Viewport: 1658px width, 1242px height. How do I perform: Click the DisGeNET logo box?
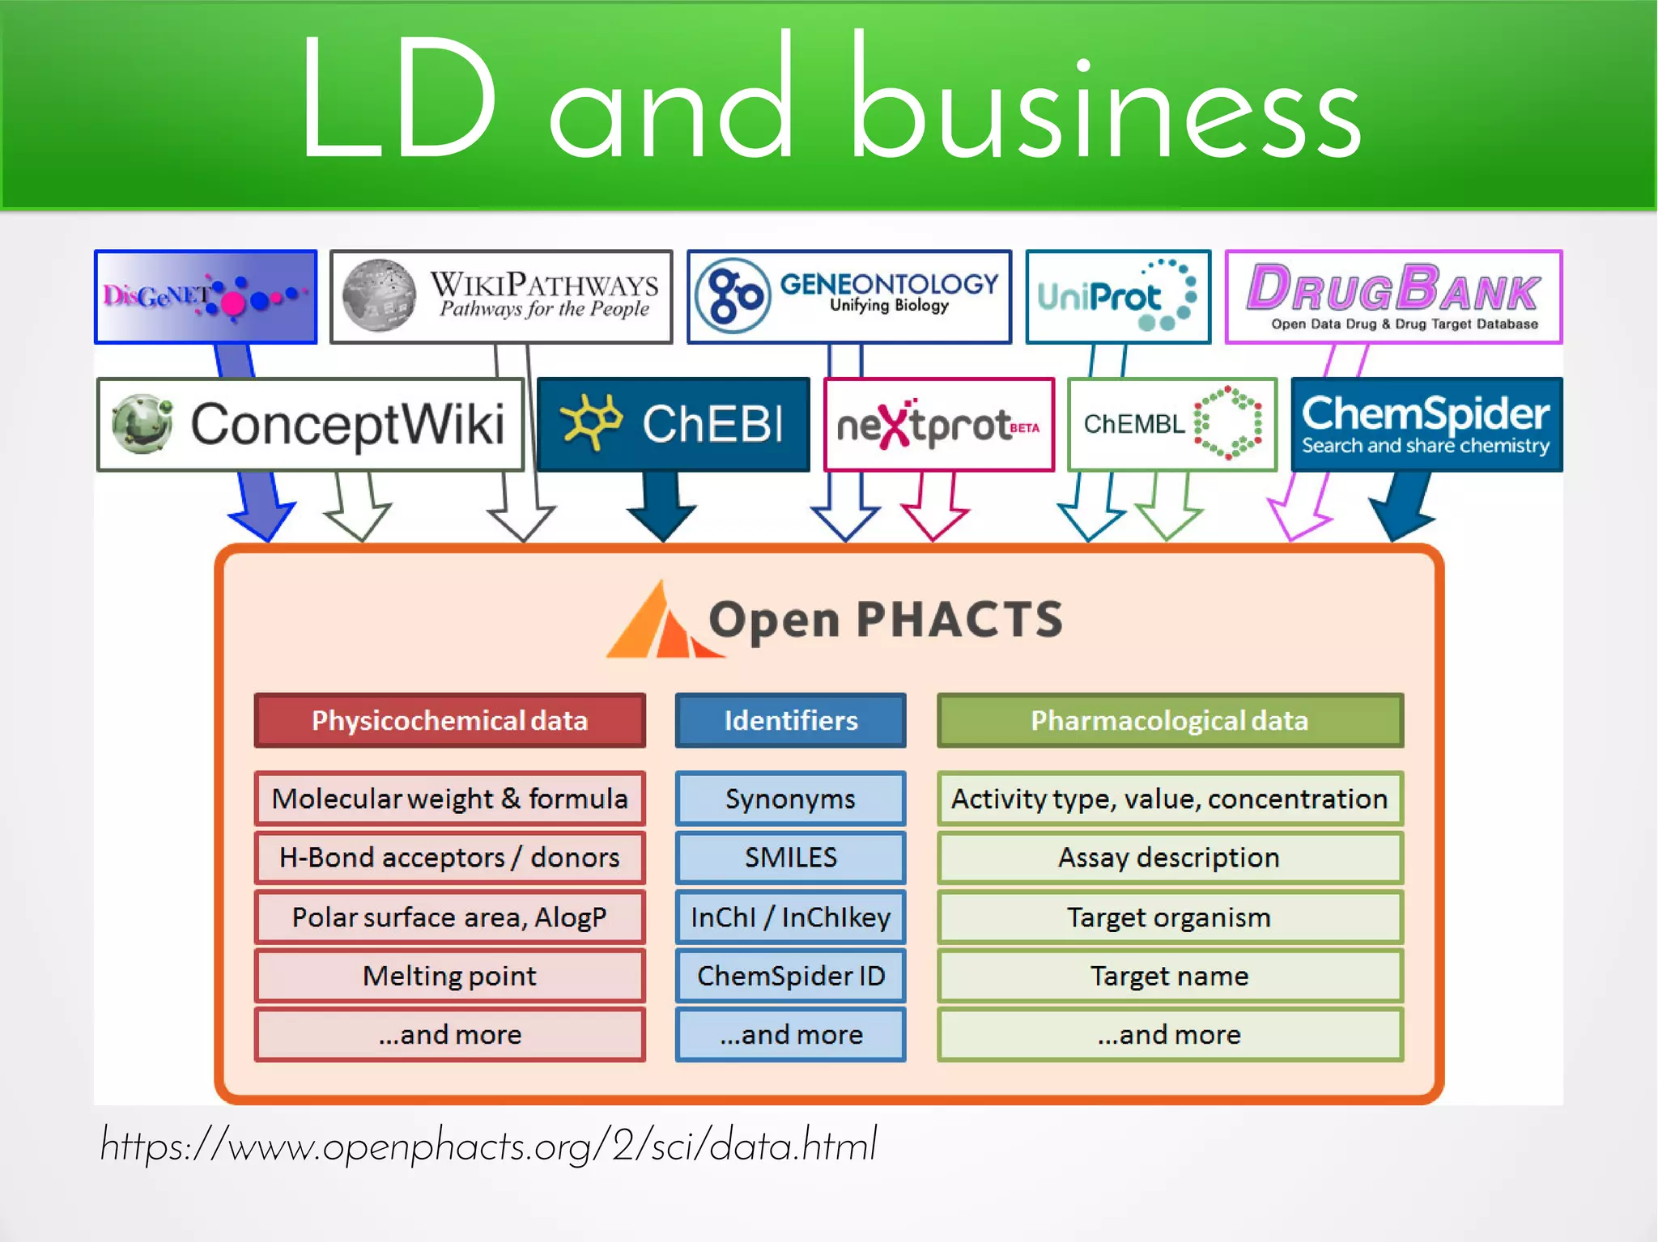tap(206, 297)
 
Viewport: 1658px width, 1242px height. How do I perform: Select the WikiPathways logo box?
tap(501, 297)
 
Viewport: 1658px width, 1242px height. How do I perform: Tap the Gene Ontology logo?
tap(849, 297)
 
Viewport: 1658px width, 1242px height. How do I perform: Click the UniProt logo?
tap(1118, 297)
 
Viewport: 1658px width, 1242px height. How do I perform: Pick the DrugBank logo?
tap(1393, 297)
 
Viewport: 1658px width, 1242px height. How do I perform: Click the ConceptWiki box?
tap(310, 425)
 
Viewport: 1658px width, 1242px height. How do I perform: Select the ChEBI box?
tap(673, 425)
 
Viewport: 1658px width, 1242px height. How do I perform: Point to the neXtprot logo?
tap(938, 425)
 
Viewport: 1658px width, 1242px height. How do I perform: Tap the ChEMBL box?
tap(1171, 425)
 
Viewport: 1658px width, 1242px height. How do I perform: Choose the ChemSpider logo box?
tap(1426, 425)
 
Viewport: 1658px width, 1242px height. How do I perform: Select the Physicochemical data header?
tap(449, 720)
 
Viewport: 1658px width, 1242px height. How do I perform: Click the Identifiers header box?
tap(790, 720)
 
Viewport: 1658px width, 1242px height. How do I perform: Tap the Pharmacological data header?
tap(1170, 720)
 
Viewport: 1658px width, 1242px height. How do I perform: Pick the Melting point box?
tap(449, 976)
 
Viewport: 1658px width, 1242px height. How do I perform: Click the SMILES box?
tap(790, 858)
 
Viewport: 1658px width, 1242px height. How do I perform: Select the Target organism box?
tap(1170, 918)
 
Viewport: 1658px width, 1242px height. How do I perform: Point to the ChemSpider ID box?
tap(790, 976)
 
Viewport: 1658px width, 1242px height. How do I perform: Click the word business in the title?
tap(1105, 101)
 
